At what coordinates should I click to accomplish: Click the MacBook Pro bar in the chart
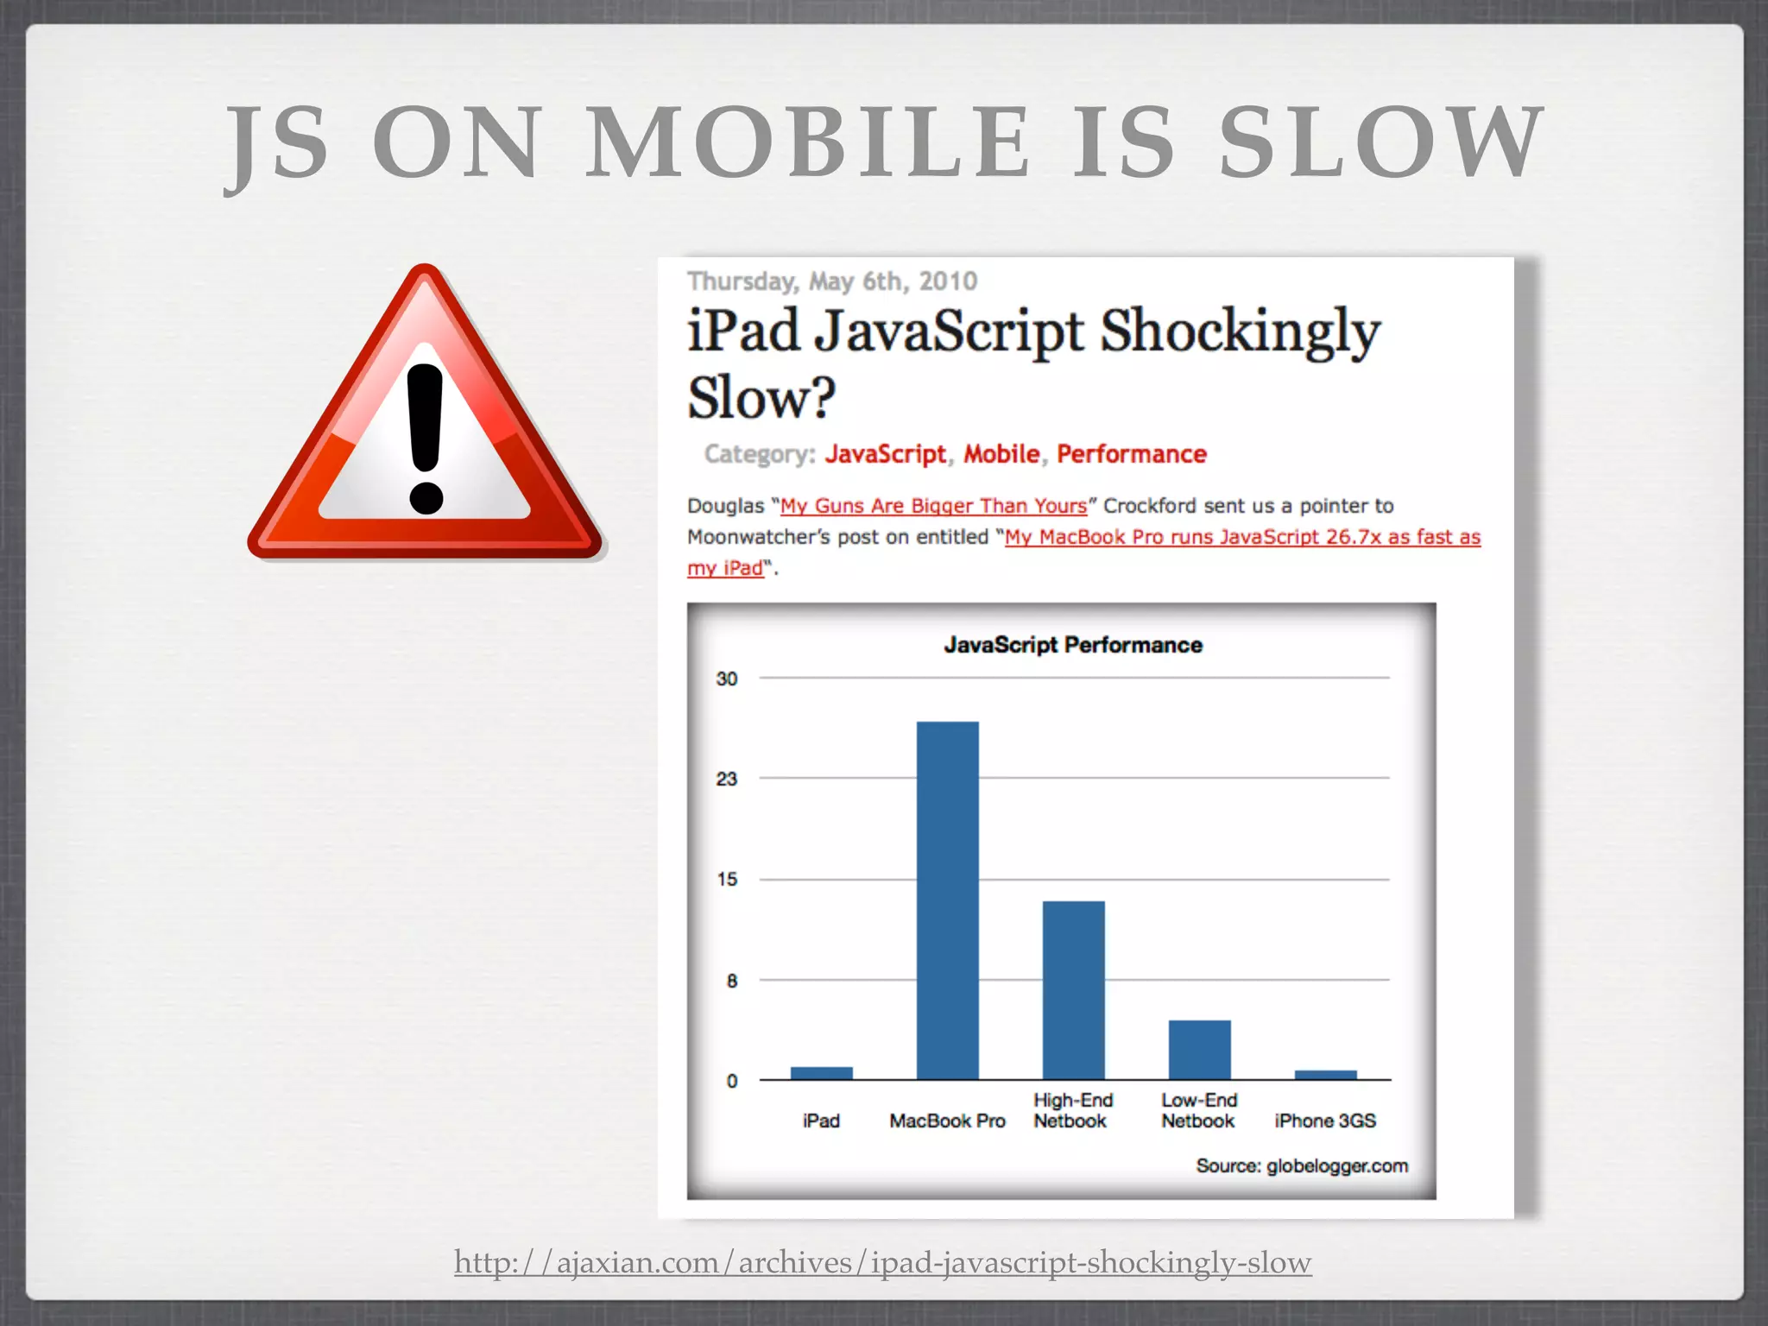point(947,900)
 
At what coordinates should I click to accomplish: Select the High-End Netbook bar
point(1073,989)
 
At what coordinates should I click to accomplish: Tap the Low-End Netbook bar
point(1199,1049)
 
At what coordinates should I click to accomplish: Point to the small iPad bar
point(821,1073)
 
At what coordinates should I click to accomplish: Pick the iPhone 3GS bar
point(1325,1075)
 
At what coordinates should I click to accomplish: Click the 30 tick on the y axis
point(727,679)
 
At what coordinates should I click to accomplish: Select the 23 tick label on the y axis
point(727,780)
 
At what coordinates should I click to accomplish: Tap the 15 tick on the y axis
point(727,880)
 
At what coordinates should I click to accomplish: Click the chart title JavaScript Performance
point(1072,645)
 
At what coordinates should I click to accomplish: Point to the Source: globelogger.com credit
point(1301,1166)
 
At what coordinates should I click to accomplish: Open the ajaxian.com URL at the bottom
point(882,1262)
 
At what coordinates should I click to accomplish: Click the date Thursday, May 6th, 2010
point(831,281)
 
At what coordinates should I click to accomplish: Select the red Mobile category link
point(1001,454)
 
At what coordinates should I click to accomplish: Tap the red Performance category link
point(1131,454)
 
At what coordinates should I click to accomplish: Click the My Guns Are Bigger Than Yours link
point(933,506)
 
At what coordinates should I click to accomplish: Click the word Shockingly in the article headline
point(1240,332)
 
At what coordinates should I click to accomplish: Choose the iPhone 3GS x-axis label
point(1325,1121)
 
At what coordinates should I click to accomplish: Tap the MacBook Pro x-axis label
point(947,1121)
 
